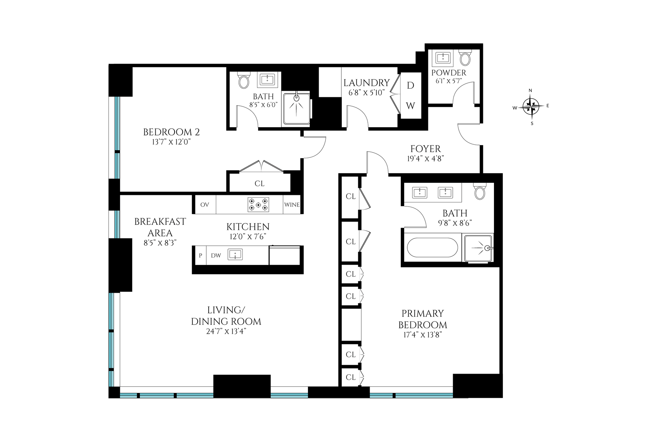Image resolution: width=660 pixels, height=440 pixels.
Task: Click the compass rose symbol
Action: click(x=531, y=106)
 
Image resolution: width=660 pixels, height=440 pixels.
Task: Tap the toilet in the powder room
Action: click(x=465, y=58)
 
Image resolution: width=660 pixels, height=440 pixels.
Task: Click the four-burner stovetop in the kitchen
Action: click(x=258, y=205)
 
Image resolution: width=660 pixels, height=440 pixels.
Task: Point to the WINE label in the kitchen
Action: click(x=292, y=205)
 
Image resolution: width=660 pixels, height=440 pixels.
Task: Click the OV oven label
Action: click(x=205, y=205)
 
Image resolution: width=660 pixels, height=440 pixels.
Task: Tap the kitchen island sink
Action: click(x=235, y=255)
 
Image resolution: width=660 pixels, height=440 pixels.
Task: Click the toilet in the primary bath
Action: click(x=480, y=191)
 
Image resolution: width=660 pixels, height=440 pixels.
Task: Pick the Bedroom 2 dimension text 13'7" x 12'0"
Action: click(x=171, y=142)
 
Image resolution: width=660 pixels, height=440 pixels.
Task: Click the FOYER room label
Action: click(x=426, y=149)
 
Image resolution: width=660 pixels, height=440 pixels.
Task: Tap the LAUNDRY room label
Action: click(x=366, y=83)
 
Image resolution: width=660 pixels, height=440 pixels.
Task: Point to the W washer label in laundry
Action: click(x=410, y=106)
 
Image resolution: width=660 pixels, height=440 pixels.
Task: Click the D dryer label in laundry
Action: click(x=410, y=86)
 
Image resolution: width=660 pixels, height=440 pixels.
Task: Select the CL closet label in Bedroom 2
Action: click(x=260, y=184)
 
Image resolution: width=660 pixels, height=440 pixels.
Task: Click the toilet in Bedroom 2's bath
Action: click(x=244, y=81)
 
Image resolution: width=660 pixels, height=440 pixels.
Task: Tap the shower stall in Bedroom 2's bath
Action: click(x=296, y=109)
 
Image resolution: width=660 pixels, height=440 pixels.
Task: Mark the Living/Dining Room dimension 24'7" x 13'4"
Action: click(x=226, y=331)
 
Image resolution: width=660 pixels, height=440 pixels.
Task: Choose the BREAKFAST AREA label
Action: click(x=160, y=227)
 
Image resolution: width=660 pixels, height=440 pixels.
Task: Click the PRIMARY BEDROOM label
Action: click(x=423, y=319)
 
